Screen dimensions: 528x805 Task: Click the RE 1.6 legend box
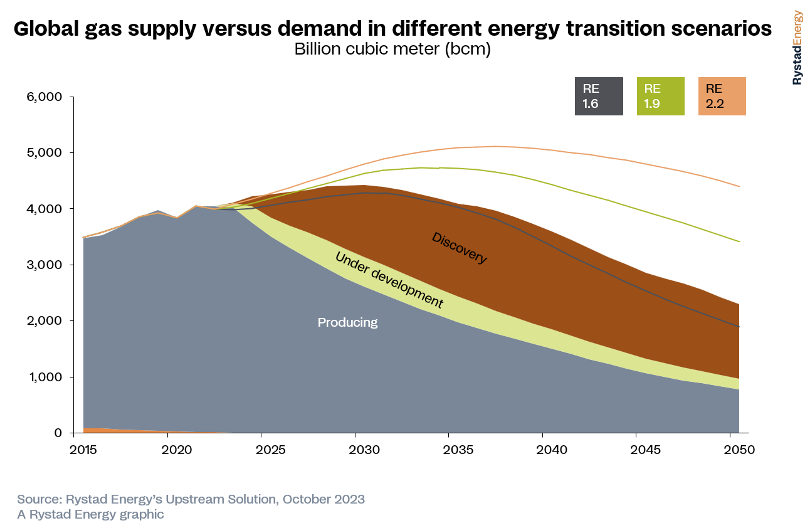pyautogui.click(x=599, y=97)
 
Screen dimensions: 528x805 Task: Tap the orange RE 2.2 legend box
pyautogui.click(x=722, y=97)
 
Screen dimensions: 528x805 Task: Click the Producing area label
pyautogui.click(x=347, y=322)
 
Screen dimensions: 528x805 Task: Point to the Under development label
pyautogui.click(x=389, y=280)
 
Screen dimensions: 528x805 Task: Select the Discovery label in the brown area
pyautogui.click(x=459, y=248)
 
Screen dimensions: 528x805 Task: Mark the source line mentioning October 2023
pyautogui.click(x=191, y=499)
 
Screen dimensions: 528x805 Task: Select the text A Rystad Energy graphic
pyautogui.click(x=90, y=514)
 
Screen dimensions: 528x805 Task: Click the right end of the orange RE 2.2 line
pyautogui.click(x=739, y=186)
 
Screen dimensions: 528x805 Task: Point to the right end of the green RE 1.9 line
pyautogui.click(x=739, y=241)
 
